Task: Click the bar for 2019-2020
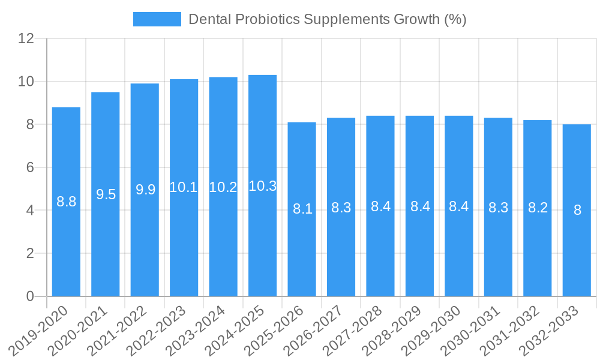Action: (66, 202)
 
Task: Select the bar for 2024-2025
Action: (262, 185)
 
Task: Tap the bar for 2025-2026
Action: (302, 209)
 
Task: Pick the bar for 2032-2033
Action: (577, 210)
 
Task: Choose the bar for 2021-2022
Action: (145, 190)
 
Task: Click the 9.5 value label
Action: (106, 194)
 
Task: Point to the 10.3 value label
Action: (262, 186)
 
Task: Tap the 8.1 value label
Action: (302, 209)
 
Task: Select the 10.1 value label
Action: (184, 187)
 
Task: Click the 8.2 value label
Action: (538, 208)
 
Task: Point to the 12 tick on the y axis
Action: (26, 38)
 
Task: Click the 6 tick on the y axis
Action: (30, 167)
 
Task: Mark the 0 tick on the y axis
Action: (30, 296)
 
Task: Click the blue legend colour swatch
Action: (157, 19)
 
